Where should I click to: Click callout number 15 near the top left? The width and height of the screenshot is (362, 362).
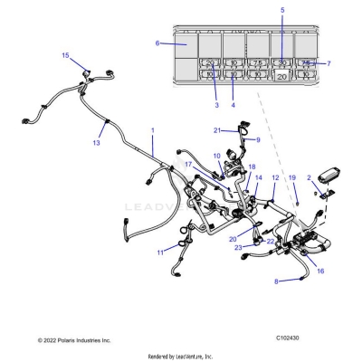click(x=65, y=56)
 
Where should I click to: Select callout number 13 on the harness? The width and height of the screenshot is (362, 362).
click(x=97, y=143)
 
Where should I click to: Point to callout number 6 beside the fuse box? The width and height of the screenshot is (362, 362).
click(x=157, y=43)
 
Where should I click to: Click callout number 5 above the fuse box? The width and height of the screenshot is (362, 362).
click(x=282, y=10)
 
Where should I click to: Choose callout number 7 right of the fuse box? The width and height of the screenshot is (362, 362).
click(x=328, y=63)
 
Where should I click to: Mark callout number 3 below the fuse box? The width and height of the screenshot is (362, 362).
click(x=216, y=106)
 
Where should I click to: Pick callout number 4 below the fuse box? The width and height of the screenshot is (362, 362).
click(x=233, y=106)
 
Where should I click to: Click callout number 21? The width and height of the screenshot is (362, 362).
click(x=217, y=131)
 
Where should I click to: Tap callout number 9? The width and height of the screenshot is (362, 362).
click(x=258, y=139)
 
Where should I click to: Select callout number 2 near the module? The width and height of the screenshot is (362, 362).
click(x=310, y=177)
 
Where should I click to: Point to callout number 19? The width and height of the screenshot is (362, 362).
click(x=292, y=178)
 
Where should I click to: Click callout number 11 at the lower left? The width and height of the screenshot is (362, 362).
click(x=161, y=251)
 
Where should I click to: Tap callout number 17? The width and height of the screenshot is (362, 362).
click(x=188, y=165)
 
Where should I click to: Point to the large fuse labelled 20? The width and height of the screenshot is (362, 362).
click(x=282, y=78)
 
